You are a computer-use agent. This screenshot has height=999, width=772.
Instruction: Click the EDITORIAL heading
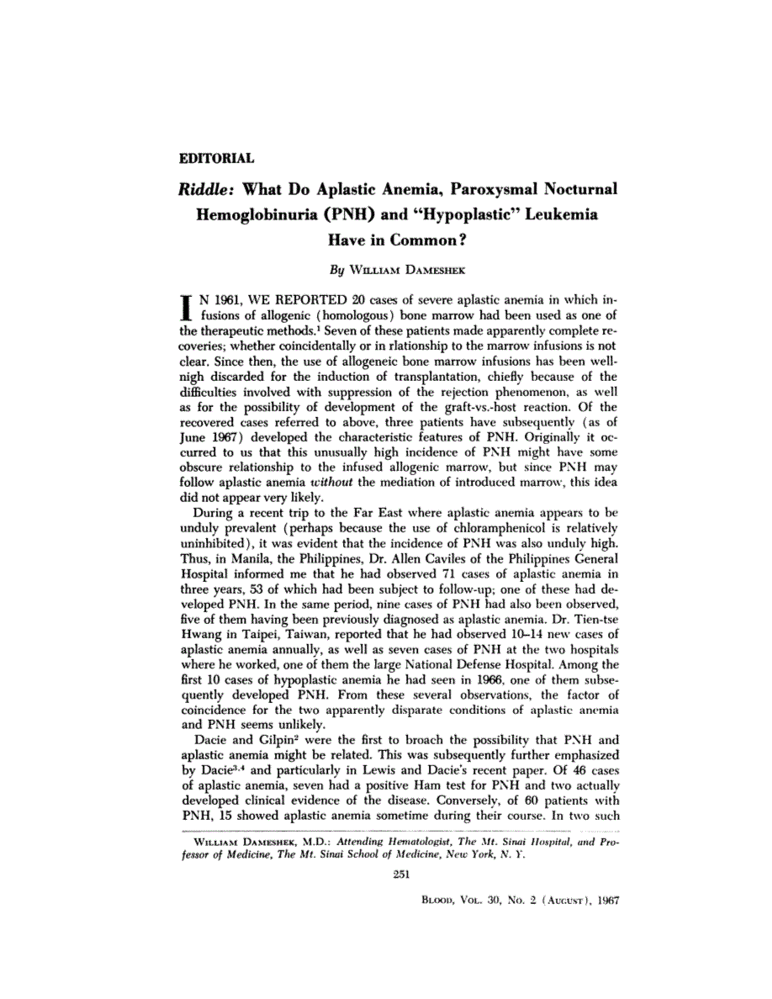click(217, 157)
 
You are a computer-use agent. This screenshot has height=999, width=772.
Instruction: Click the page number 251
click(400, 875)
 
